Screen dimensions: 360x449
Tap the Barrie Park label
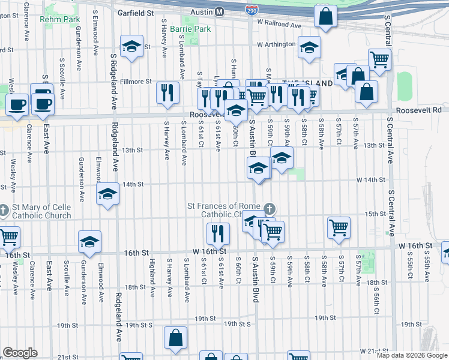coord(190,29)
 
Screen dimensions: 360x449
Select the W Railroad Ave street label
coord(279,26)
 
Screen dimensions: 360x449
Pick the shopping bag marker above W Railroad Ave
coord(325,17)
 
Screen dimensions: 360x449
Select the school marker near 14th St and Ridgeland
coord(108,194)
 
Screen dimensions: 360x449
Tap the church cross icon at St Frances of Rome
coord(270,209)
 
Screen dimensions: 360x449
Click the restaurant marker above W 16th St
coord(217,233)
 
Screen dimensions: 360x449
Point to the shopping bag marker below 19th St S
coord(176,338)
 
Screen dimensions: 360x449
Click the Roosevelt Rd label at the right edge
coord(419,110)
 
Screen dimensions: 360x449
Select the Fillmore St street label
coord(135,81)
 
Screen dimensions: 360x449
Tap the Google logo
coord(20,353)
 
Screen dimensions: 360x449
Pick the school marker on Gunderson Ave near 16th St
coord(89,241)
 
